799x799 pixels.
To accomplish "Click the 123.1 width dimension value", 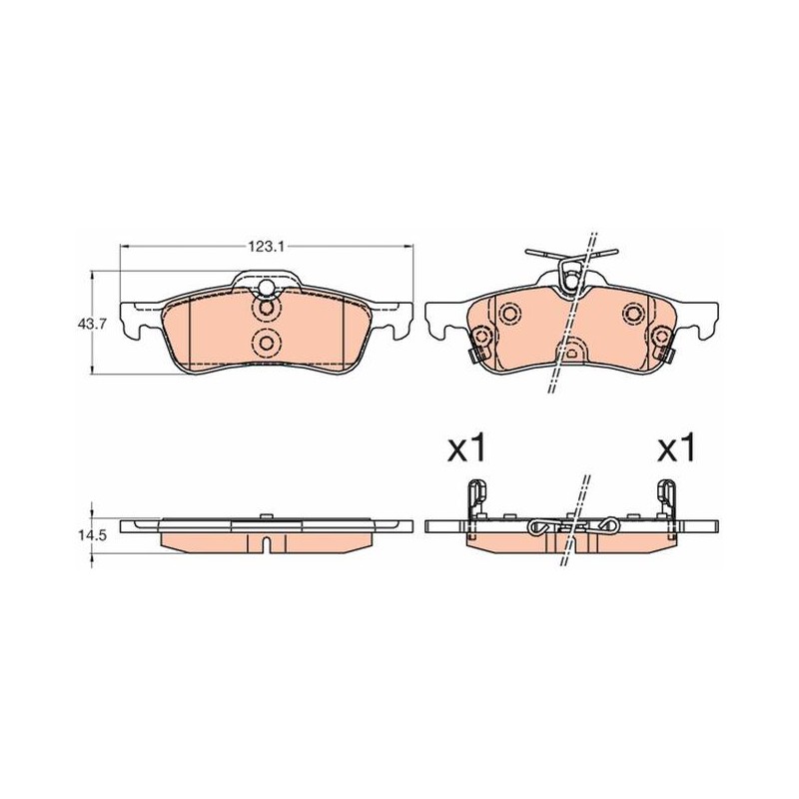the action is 266,247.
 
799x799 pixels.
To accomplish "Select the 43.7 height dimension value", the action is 92,324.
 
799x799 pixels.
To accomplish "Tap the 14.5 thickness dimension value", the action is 92,536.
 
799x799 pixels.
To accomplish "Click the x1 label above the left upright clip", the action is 466,448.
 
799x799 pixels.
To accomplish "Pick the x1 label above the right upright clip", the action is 676,448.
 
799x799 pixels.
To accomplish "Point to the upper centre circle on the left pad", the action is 266,309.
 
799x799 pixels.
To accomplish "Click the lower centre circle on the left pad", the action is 266,343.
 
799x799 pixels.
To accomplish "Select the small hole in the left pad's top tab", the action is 266,288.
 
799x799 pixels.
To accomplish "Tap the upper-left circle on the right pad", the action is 508,314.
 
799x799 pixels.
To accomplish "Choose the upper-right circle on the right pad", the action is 634,313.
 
